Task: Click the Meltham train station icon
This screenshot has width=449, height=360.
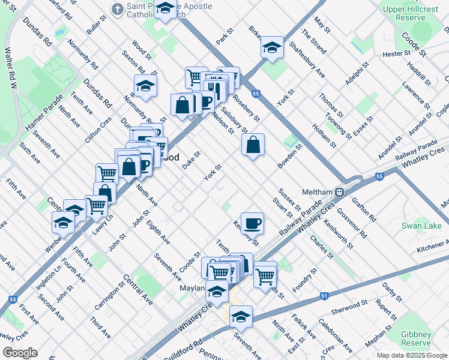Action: [x=339, y=192]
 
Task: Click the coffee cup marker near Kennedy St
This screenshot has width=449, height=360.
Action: [x=252, y=222]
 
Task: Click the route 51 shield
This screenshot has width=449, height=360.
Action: [x=324, y=296]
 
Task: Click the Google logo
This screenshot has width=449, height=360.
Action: [x=20, y=353]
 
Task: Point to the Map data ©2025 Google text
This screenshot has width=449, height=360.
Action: [x=412, y=355]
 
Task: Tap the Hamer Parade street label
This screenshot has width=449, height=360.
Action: [x=44, y=113]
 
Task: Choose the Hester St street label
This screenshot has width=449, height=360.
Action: [x=395, y=54]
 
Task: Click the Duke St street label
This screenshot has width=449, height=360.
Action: [x=191, y=160]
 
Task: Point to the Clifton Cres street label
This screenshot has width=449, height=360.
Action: [x=98, y=128]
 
